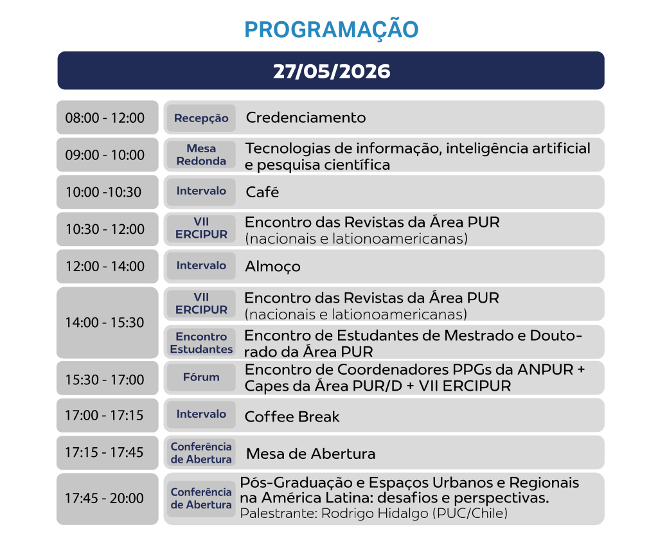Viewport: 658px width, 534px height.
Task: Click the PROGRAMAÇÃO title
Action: (x=332, y=30)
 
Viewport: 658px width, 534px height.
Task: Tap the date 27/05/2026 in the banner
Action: (x=332, y=71)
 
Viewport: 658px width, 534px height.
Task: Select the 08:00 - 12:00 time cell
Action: (x=107, y=118)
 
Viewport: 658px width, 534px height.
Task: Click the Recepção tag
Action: (x=201, y=118)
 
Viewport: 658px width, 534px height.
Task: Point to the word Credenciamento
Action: (x=306, y=118)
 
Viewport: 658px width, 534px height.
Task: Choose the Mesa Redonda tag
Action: (x=201, y=155)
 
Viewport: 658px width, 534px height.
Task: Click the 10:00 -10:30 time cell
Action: (x=107, y=192)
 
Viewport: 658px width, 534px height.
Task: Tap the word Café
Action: (x=262, y=192)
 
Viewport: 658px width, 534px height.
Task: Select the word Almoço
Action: (x=272, y=267)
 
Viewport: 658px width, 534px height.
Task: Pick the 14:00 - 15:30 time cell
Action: (x=107, y=323)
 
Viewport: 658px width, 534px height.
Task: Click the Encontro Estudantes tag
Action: (x=201, y=343)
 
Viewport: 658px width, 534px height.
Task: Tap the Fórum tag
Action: (x=201, y=377)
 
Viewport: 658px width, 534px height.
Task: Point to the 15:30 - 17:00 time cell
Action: (x=107, y=378)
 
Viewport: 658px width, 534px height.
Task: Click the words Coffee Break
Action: (x=292, y=416)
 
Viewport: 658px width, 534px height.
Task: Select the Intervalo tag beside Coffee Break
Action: (x=201, y=414)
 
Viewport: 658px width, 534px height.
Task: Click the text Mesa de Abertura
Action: (x=310, y=454)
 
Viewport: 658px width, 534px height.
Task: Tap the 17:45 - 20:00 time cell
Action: (x=107, y=499)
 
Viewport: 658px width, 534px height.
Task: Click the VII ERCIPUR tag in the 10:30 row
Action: (x=201, y=228)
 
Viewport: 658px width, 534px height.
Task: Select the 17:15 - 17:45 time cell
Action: (x=107, y=452)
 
